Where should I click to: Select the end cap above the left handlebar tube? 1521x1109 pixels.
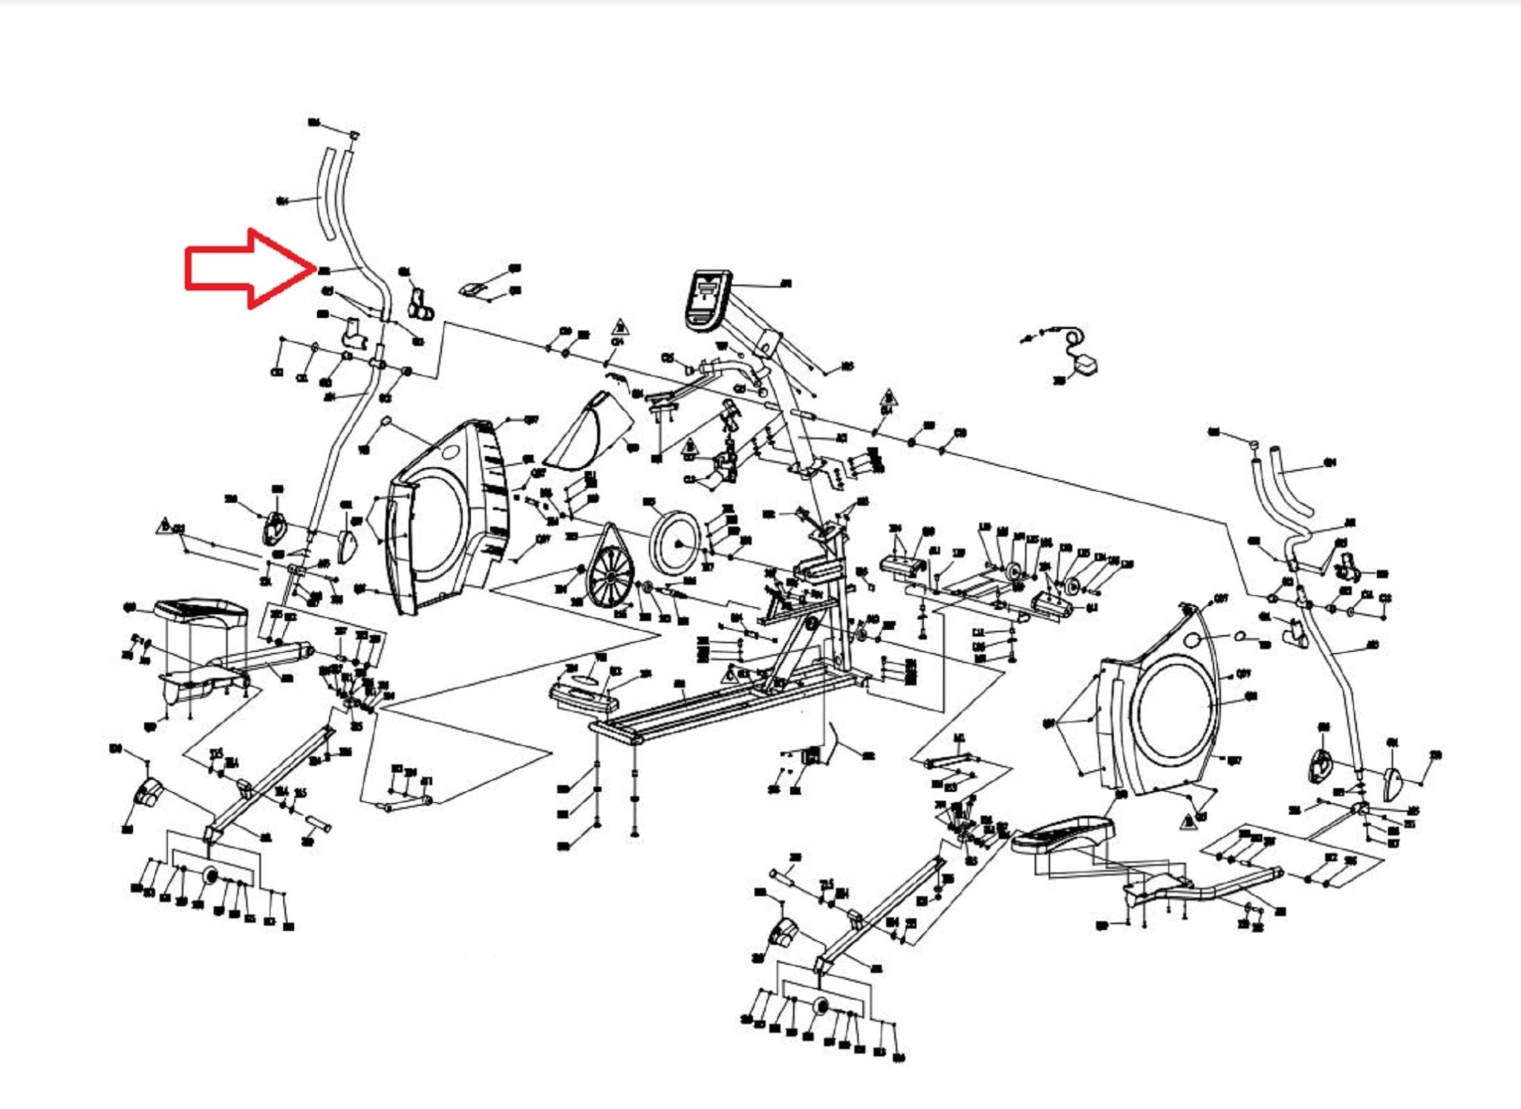[354, 134]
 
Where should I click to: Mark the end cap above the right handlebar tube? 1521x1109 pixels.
[1252, 443]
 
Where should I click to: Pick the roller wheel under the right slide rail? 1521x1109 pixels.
[821, 1008]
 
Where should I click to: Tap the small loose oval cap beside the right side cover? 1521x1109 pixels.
[1240, 636]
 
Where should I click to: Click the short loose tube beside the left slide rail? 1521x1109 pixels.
[316, 825]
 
